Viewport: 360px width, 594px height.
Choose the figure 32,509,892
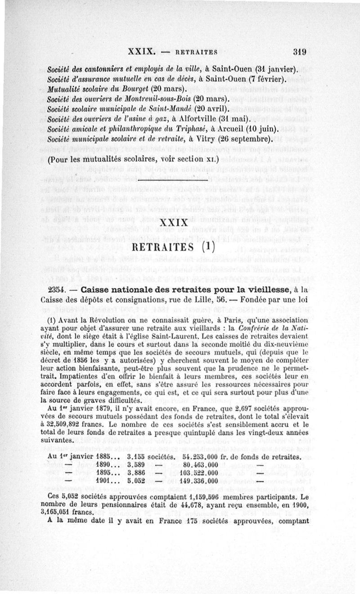[x=74, y=425]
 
